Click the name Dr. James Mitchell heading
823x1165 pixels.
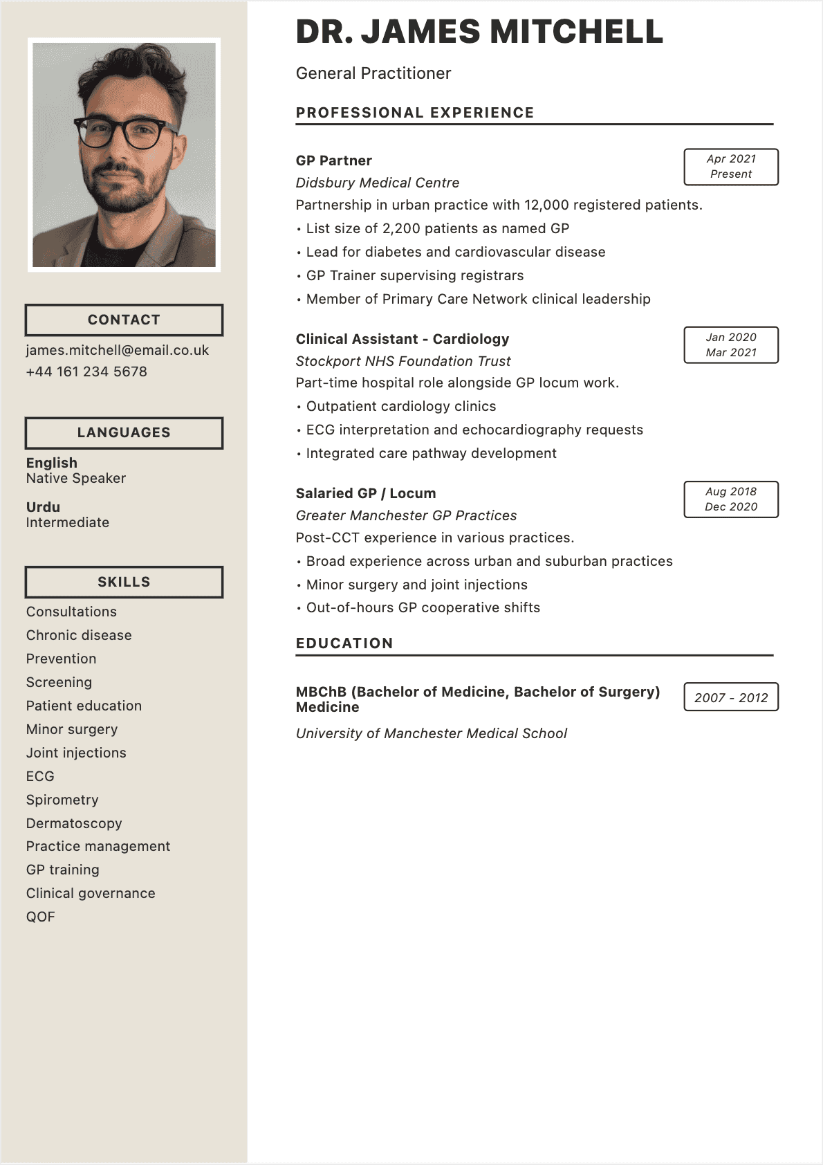pos(479,33)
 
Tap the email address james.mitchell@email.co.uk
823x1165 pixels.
pos(118,350)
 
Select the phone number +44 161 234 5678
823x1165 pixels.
pos(86,371)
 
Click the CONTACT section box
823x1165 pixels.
pos(124,320)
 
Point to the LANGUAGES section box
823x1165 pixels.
pos(124,432)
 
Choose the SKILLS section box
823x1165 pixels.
pos(124,582)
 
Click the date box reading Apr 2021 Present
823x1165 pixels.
pos(730,167)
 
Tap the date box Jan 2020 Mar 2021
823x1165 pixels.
pos(730,345)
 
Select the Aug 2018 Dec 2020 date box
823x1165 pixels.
pos(730,499)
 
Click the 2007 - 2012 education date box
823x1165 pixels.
pos(730,697)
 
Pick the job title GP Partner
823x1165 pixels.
pos(333,160)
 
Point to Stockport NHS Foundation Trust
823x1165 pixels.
pos(403,361)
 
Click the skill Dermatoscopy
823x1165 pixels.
pos(74,823)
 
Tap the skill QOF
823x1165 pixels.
pos(40,917)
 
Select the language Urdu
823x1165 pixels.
pos(43,507)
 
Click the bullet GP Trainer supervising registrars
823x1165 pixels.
pos(414,275)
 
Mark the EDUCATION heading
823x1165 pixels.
pos(344,643)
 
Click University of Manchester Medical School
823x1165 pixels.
pos(431,733)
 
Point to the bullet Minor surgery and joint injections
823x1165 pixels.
pos(416,585)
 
